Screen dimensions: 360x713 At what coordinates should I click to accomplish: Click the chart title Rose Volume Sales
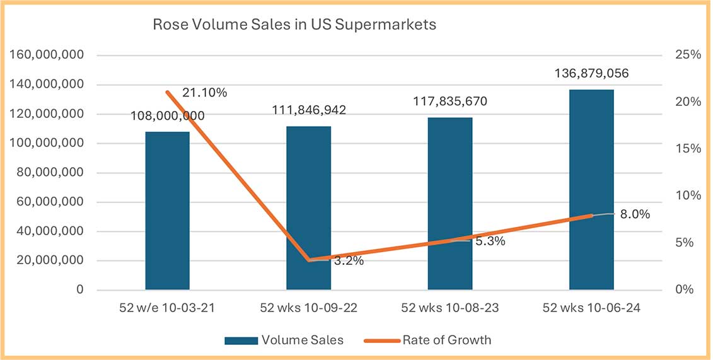pos(295,26)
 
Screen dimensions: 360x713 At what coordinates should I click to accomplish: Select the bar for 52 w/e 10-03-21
pos(167,211)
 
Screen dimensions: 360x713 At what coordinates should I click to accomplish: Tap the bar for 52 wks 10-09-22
pos(308,208)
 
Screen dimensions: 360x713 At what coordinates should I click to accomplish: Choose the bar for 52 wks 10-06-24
pos(591,190)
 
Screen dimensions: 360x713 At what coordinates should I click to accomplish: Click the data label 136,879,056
pos(591,74)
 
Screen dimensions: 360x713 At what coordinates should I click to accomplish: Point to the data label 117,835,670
pos(450,102)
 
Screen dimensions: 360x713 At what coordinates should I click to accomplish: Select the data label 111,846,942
pos(308,110)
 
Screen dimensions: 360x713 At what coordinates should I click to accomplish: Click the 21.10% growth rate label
pos(204,93)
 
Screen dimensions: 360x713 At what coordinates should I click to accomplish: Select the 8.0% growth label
pos(634,214)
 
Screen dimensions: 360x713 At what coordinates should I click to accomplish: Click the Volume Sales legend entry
pos(284,340)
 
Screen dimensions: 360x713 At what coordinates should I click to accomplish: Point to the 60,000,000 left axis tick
pos(48,202)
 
